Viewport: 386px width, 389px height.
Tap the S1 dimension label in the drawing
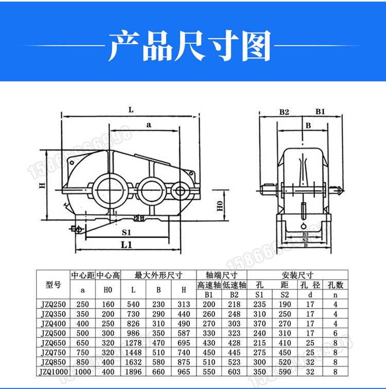pyautogui.click(x=127, y=232)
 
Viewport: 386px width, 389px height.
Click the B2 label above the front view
pyautogui.click(x=284, y=111)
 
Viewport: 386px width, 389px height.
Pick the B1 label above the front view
pyautogui.click(x=320, y=111)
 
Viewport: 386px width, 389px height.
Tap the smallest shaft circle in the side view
pyautogui.click(x=180, y=191)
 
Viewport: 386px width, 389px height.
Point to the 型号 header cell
pyautogui.click(x=54, y=285)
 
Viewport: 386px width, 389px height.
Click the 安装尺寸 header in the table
pyautogui.click(x=297, y=275)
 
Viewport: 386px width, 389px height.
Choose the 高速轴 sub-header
pyautogui.click(x=209, y=285)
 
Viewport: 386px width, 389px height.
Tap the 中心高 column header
pyautogui.click(x=108, y=275)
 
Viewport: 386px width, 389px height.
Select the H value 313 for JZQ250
pyautogui.click(x=184, y=305)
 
